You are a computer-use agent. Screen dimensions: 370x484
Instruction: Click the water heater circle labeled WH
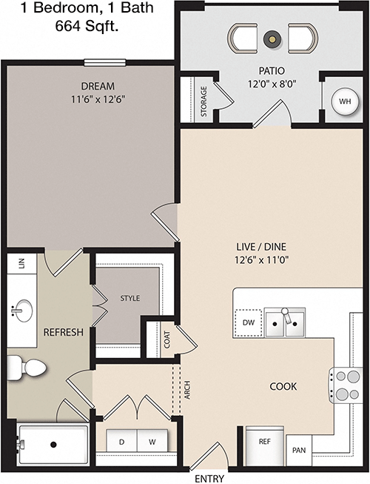345,102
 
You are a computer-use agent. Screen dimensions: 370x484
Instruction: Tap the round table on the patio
272,39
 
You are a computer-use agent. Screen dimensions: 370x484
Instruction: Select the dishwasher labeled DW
249,323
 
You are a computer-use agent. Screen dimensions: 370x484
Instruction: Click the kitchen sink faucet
287,315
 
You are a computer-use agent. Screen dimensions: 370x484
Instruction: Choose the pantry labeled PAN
299,450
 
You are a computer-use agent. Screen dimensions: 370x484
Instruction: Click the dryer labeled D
121,441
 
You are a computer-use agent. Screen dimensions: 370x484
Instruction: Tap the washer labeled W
152,441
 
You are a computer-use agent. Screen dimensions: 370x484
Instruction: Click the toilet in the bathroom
27,368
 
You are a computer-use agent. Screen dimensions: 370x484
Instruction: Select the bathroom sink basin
21,311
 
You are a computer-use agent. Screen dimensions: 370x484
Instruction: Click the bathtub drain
53,445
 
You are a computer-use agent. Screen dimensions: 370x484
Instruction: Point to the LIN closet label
21,263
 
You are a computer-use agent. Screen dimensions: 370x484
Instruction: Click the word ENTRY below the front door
209,479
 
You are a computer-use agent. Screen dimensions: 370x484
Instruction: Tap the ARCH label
187,390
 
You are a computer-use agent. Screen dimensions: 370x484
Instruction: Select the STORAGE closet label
203,102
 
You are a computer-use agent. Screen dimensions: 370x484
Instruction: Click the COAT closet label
167,339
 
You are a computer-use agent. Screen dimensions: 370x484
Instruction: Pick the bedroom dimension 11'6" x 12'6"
98,99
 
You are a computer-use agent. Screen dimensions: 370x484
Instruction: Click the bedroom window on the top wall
105,63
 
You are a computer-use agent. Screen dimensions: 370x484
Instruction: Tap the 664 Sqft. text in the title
87,26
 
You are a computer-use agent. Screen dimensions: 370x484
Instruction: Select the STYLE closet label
130,298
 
